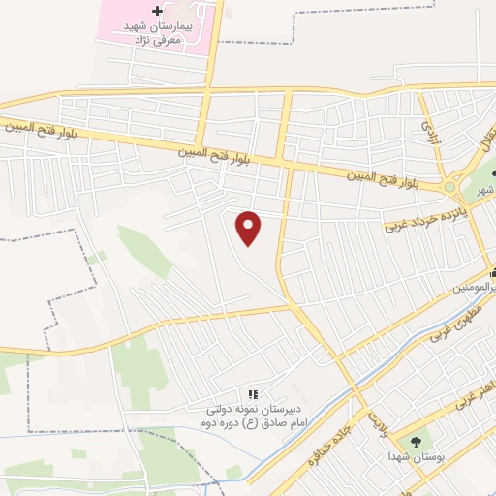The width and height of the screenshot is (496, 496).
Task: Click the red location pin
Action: [x=250, y=228]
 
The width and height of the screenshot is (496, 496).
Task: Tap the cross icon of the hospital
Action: [x=157, y=9]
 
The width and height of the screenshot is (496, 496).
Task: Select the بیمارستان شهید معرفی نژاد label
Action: [x=160, y=31]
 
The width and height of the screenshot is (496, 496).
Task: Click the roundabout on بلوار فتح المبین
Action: [x=449, y=187]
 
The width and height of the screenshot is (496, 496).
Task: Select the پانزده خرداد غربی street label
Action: [x=433, y=214]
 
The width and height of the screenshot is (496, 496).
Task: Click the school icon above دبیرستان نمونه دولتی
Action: [x=253, y=394]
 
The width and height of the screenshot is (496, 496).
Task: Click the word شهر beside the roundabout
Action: [x=487, y=190]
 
